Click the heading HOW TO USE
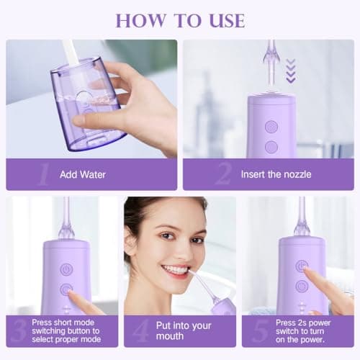[x=179, y=19]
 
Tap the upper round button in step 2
[x=271, y=126]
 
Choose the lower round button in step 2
[x=271, y=146]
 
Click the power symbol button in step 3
[x=66, y=269]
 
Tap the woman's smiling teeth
[x=176, y=269]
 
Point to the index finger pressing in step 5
[x=311, y=276]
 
